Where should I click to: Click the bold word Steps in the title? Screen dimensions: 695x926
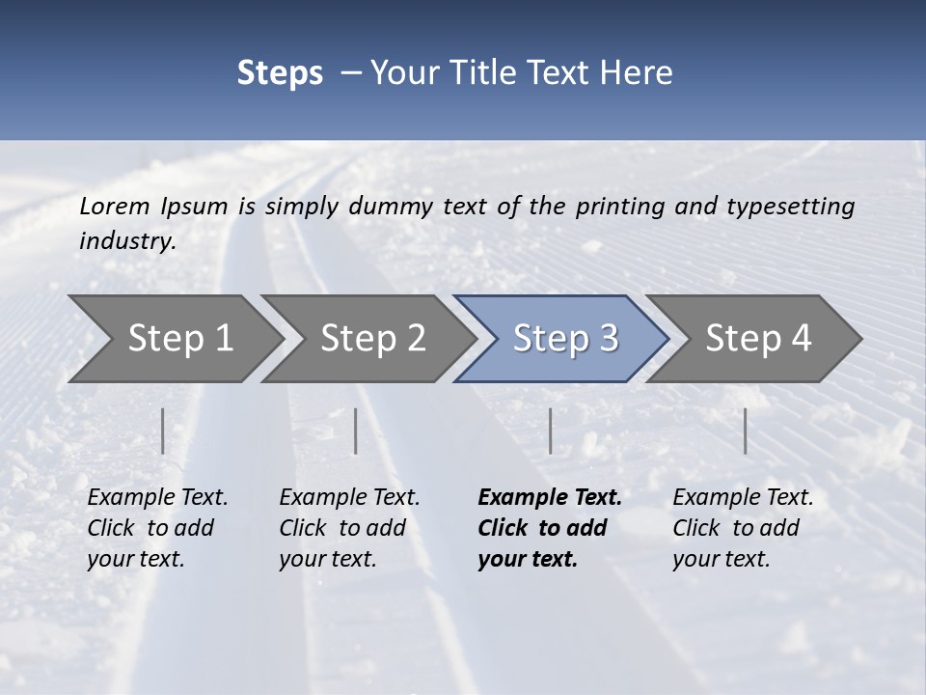(x=280, y=73)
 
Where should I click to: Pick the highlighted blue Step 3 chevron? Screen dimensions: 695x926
(x=565, y=339)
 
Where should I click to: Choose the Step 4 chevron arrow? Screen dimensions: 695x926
(x=758, y=339)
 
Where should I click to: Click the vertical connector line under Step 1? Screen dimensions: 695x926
(x=163, y=431)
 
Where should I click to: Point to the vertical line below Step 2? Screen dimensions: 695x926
(x=356, y=431)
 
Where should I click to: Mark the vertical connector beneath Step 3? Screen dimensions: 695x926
(x=550, y=431)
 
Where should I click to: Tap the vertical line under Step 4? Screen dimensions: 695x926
(x=745, y=431)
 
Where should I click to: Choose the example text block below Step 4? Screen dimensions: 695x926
(x=743, y=528)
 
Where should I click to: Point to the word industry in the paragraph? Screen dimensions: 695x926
(x=127, y=240)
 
